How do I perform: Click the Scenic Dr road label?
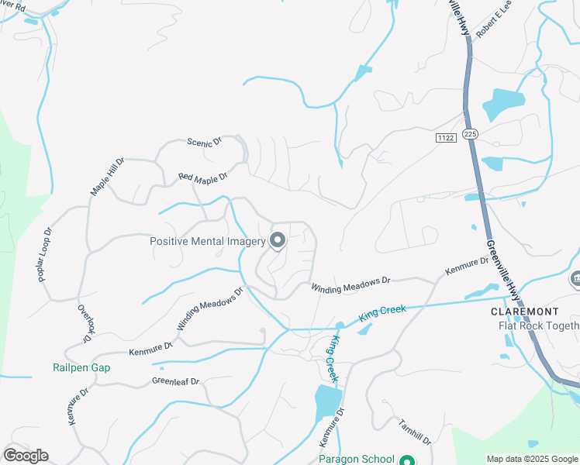(205, 142)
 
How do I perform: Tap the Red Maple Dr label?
(202, 177)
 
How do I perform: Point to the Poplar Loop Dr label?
(43, 254)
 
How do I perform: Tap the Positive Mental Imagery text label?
(208, 241)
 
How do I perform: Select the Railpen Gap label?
(81, 368)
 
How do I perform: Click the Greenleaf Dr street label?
(176, 381)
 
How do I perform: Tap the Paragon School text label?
(356, 459)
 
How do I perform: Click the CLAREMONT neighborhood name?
(524, 312)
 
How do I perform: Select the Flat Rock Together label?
(538, 325)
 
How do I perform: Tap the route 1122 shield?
(445, 138)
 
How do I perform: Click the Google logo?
(26, 456)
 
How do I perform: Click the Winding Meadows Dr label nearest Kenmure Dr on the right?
(350, 286)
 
